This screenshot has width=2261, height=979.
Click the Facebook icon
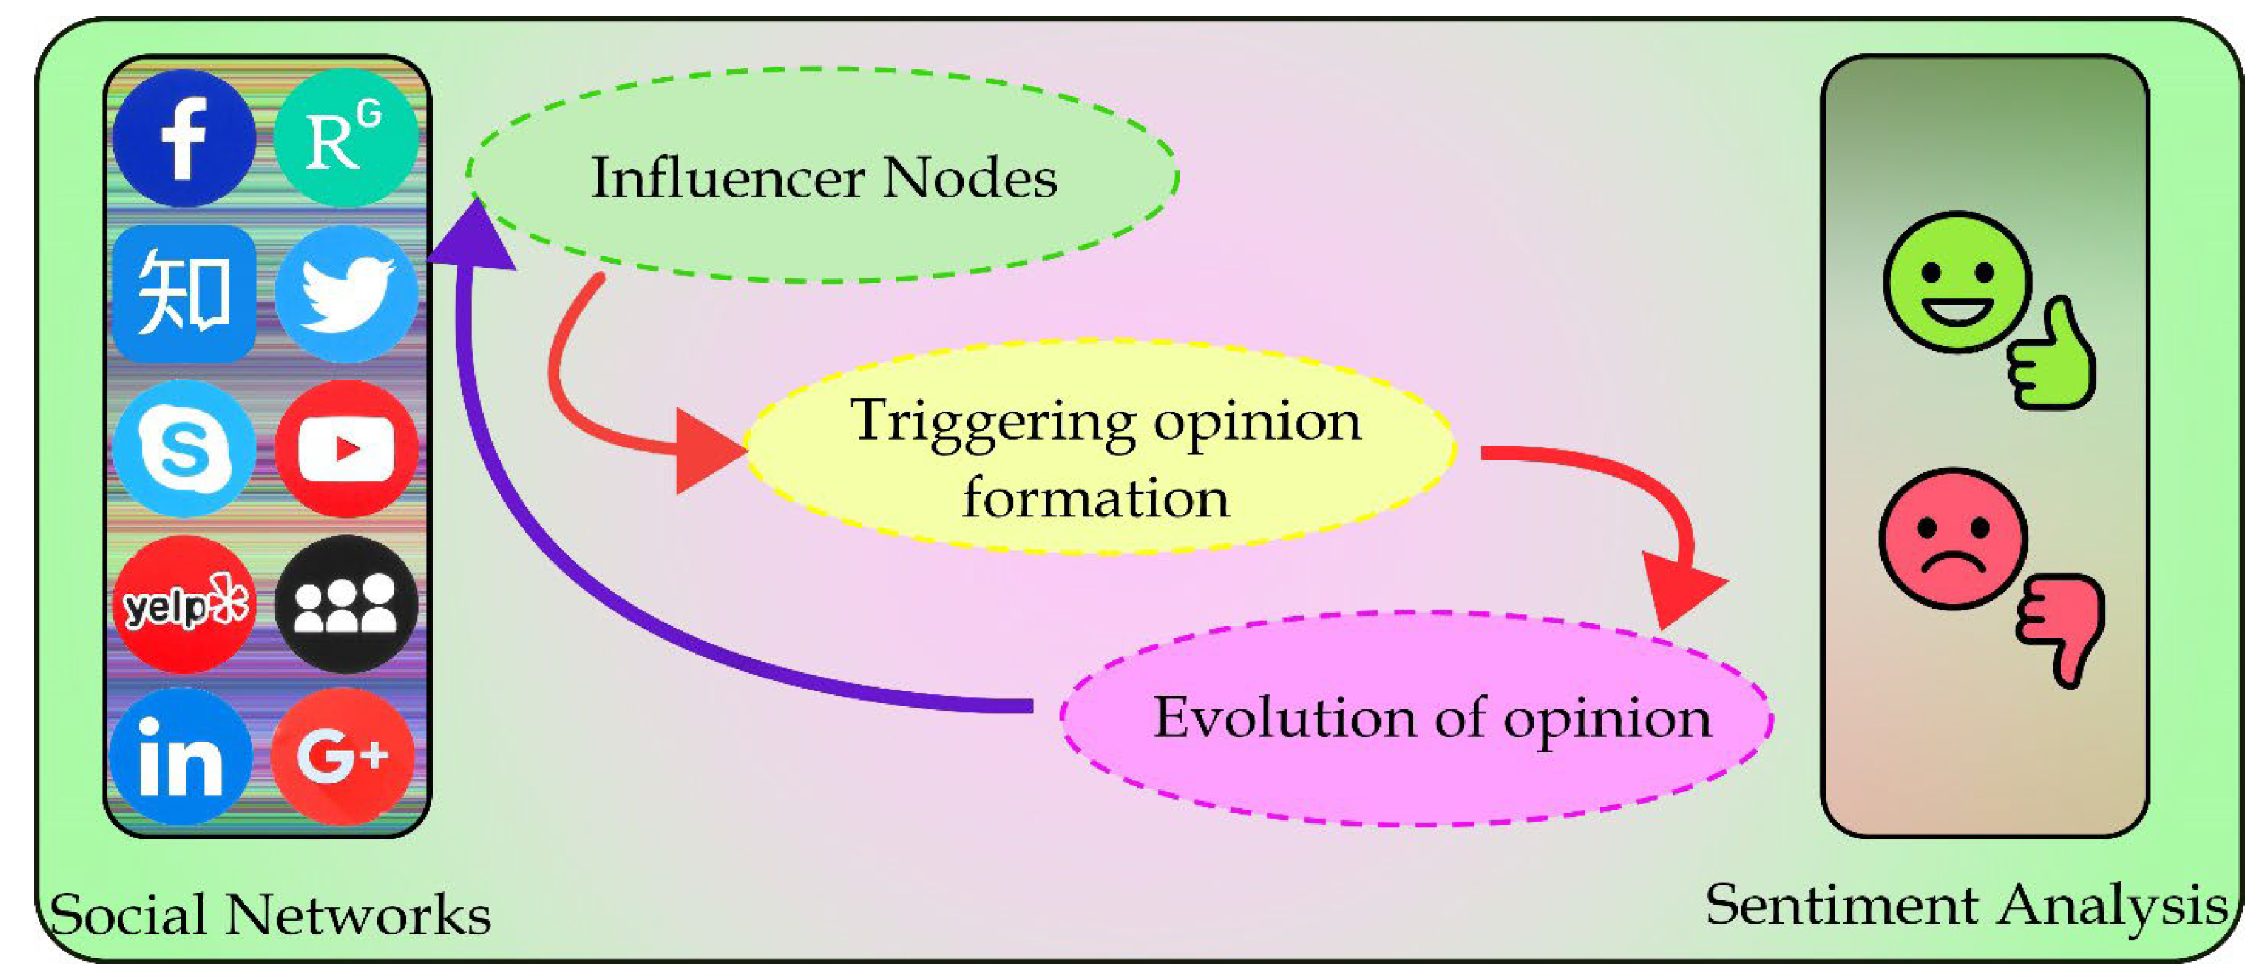pyautogui.click(x=183, y=139)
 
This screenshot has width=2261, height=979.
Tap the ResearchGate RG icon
pyautogui.click(x=346, y=139)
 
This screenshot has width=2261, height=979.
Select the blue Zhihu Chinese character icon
pyautogui.click(x=183, y=293)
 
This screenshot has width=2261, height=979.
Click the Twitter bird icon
pyautogui.click(x=346, y=293)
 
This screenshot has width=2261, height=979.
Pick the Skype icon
pyautogui.click(x=183, y=448)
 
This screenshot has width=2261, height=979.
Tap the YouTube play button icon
pyautogui.click(x=346, y=448)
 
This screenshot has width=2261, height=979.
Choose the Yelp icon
pyautogui.click(x=183, y=604)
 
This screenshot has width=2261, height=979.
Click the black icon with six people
pyautogui.click(x=346, y=604)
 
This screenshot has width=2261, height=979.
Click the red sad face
pyautogui.click(x=1953, y=538)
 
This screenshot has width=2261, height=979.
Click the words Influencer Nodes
pyautogui.click(x=824, y=179)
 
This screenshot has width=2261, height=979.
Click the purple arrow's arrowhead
pyautogui.click(x=474, y=237)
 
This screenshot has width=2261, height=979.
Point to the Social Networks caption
pyautogui.click(x=270, y=915)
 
